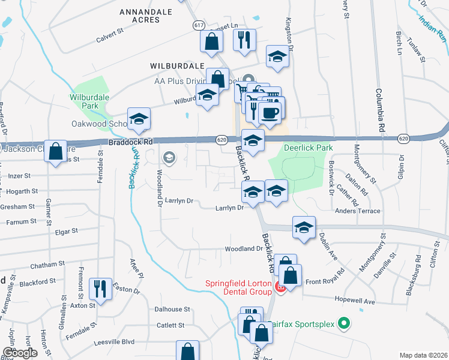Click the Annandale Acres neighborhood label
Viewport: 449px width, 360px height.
(x=140, y=16)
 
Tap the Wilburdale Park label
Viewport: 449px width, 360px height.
(x=83, y=101)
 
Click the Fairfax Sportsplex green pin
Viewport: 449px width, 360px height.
(x=343, y=324)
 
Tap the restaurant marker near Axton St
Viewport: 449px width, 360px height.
(x=98, y=289)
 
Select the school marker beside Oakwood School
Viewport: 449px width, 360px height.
(x=139, y=119)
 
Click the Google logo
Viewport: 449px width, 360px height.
(x=19, y=353)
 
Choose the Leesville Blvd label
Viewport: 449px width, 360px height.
(x=114, y=343)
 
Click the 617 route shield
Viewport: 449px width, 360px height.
(x=199, y=25)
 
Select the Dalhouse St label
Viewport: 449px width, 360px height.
(x=172, y=310)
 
